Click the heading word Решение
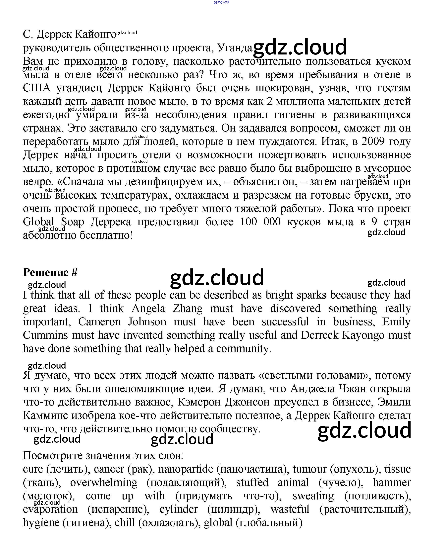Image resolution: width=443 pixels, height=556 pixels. (46, 272)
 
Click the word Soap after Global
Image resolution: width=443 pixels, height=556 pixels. (72, 222)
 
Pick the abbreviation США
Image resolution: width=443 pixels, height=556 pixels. (37, 88)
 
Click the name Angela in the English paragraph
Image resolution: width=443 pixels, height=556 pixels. (148, 308)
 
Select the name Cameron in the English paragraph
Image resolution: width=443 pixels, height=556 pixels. (99, 322)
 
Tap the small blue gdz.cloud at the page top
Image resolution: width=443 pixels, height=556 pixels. (221, 2)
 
